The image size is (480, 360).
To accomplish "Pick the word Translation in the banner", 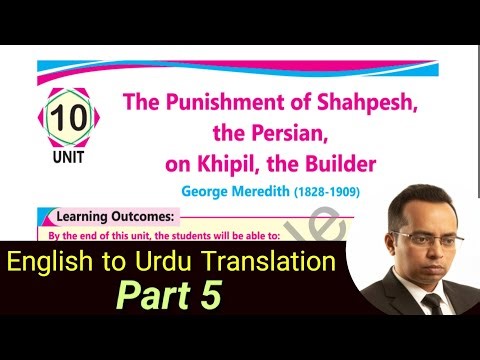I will point(263,264).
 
